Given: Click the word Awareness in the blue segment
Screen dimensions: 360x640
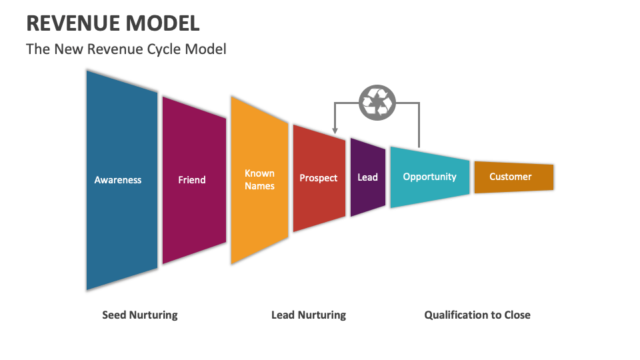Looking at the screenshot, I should point(118,180).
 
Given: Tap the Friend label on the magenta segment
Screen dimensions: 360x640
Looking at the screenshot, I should point(192,180).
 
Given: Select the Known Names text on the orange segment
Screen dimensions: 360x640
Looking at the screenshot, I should point(259,180).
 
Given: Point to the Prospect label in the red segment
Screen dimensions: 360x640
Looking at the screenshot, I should point(319,178).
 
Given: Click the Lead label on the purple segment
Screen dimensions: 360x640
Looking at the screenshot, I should point(367,177).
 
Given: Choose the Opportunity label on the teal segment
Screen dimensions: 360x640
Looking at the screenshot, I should point(429,177).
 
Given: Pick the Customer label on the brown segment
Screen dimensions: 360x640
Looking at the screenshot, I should point(511,177).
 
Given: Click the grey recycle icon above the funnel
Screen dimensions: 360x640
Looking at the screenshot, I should point(377,103).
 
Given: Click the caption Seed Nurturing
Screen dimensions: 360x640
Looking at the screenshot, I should point(140,315).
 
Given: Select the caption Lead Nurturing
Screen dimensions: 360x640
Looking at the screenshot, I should point(309,315).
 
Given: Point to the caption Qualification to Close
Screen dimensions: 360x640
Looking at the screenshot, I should point(477,315).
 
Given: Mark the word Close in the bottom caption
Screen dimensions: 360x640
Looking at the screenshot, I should point(517,315).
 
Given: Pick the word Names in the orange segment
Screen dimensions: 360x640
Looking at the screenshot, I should point(259,186).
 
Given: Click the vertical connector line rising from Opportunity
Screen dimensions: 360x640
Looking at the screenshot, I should point(419,127).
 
